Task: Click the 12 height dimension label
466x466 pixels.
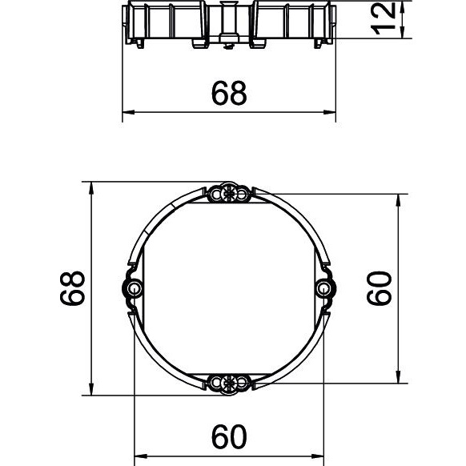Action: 384,18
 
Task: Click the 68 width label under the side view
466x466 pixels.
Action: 229,93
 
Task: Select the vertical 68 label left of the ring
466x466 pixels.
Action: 73,288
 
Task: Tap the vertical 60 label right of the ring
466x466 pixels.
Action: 380,288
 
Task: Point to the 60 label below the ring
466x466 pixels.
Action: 229,436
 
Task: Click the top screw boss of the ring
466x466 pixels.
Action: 228,195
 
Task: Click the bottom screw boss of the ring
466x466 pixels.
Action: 228,383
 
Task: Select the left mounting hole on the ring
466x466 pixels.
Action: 134,288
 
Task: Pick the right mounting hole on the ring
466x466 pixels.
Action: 323,288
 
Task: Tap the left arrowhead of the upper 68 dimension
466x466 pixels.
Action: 128,112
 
